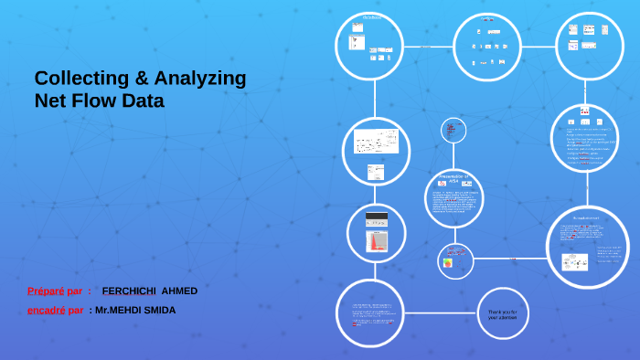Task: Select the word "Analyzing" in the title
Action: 202,79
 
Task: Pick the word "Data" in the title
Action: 144,101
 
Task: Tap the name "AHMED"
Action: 179,291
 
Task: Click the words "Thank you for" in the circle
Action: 502,312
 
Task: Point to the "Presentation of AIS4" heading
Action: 453,179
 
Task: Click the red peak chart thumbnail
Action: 377,241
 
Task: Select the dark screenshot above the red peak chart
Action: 377,219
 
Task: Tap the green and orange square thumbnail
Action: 448,263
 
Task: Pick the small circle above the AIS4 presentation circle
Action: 453,131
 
